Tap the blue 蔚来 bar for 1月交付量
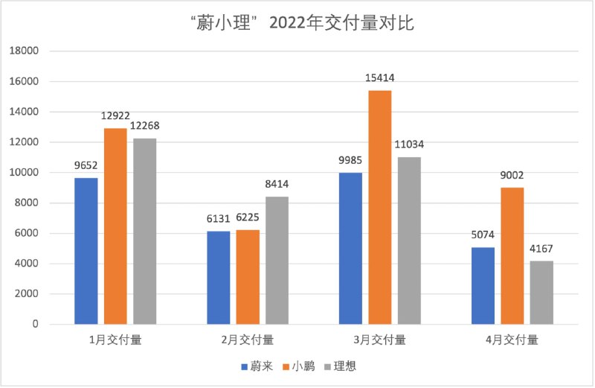coord(86,251)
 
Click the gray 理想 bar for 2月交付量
coord(277,260)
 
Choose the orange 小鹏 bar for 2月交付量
coord(248,277)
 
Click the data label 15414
coord(379,77)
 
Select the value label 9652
coord(86,165)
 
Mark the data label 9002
coord(512,175)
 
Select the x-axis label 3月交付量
coord(379,340)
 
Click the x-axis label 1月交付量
coord(115,340)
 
